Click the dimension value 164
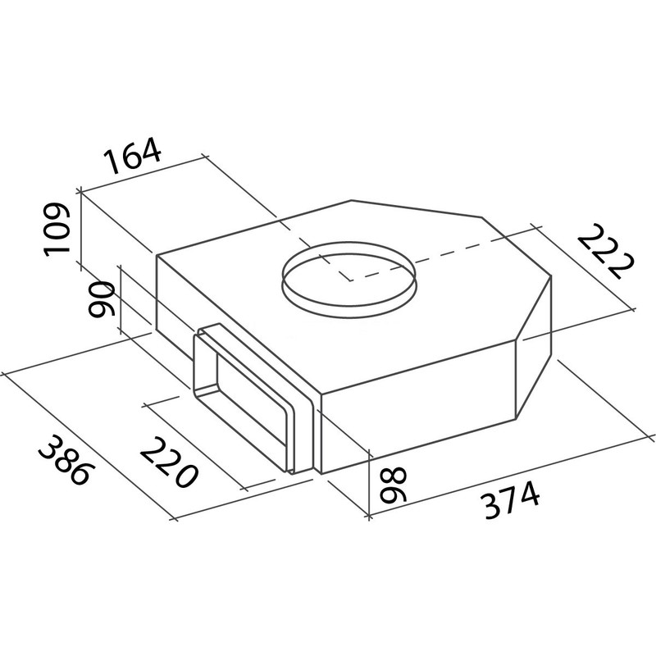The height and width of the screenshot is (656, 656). [x=133, y=155]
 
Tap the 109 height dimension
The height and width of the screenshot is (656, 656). [x=57, y=229]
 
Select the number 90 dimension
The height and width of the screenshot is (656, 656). [x=101, y=299]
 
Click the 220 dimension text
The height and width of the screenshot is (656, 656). [x=167, y=462]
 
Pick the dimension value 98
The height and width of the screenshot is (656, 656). [x=393, y=485]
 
